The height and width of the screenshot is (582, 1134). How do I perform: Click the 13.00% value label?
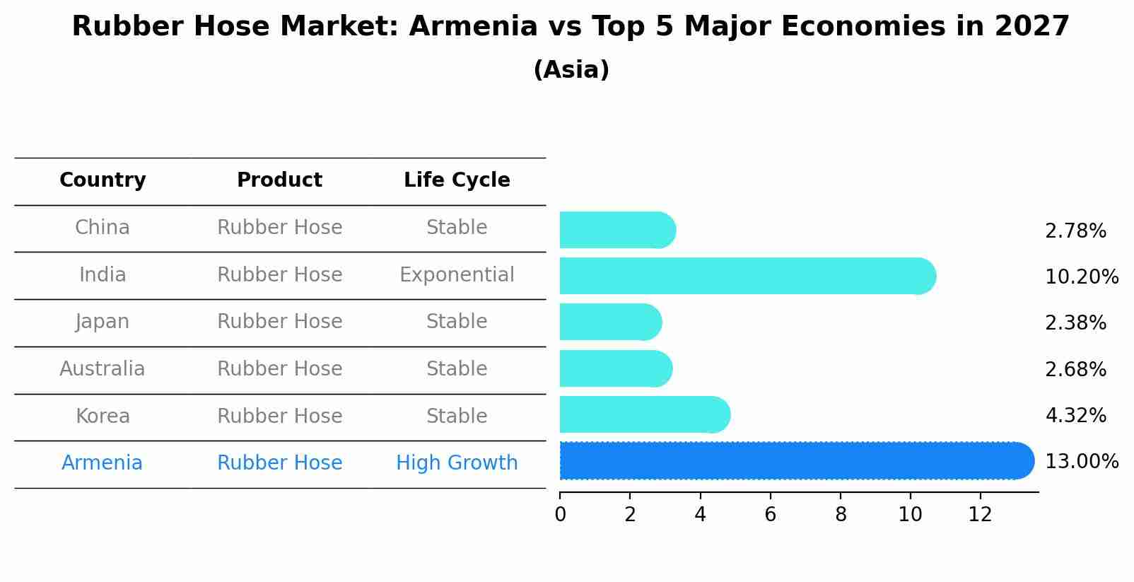tap(1081, 462)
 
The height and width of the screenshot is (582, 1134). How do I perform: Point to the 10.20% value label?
tap(1081, 277)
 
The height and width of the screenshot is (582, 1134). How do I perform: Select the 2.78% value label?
tap(1075, 231)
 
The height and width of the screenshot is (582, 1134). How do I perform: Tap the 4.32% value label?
tap(1075, 415)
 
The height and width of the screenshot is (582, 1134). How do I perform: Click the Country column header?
tap(103, 180)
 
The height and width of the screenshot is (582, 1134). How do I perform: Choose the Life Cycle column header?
tap(457, 180)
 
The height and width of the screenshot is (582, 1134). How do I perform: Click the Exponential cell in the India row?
tap(457, 274)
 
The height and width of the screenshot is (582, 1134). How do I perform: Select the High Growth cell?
tap(457, 463)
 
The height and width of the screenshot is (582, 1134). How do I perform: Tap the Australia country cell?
tap(103, 368)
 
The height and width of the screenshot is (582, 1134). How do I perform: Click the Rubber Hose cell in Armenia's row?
tap(279, 463)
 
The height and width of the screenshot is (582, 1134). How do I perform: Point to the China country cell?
tap(103, 228)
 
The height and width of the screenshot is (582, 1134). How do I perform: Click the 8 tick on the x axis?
tap(840, 514)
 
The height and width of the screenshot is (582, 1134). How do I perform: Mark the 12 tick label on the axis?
tap(980, 514)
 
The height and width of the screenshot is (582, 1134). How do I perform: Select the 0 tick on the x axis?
tap(560, 514)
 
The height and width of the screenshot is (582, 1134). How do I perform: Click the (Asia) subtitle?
tap(571, 70)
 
